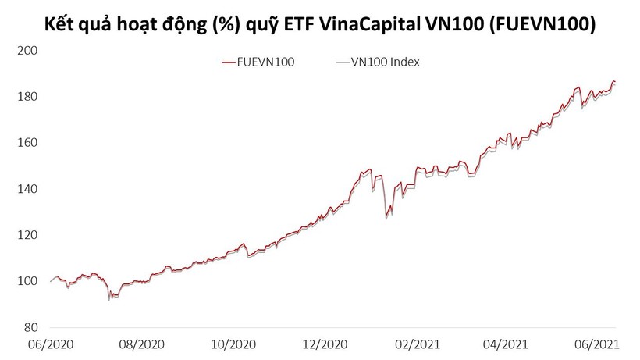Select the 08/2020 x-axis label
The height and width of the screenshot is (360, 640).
(x=141, y=344)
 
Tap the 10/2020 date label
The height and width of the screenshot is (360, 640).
(x=231, y=344)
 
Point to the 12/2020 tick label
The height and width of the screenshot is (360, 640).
(x=323, y=344)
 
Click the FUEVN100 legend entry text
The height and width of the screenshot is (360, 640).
(x=265, y=62)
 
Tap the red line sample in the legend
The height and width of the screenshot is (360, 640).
(x=228, y=62)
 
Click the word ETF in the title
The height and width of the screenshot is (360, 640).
(x=297, y=24)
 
